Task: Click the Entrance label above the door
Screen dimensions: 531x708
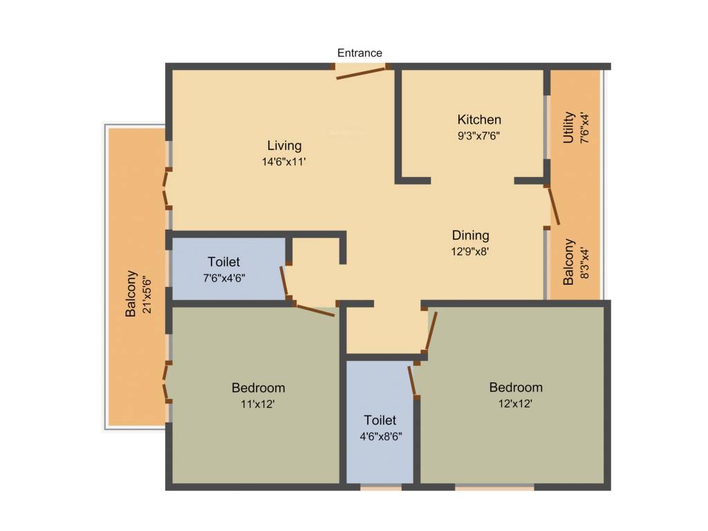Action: [x=360, y=53]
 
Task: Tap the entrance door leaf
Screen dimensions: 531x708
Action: [x=360, y=73]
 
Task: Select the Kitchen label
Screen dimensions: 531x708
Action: [x=479, y=120]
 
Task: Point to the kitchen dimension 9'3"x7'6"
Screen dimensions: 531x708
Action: [x=478, y=136]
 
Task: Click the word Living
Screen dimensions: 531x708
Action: [x=285, y=145]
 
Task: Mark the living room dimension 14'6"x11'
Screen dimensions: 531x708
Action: [x=285, y=162]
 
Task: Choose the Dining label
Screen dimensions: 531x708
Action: [x=470, y=235]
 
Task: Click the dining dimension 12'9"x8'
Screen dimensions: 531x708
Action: [x=470, y=252]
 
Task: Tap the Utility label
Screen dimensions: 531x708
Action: [x=568, y=127]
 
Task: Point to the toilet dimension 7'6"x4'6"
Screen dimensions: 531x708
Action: [x=224, y=278]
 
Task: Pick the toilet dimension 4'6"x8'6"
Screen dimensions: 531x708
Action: [x=380, y=436]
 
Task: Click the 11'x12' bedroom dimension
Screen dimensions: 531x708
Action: [x=258, y=404]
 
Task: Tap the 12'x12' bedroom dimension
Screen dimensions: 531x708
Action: [x=516, y=403]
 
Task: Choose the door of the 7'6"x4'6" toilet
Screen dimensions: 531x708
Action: [x=284, y=282]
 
